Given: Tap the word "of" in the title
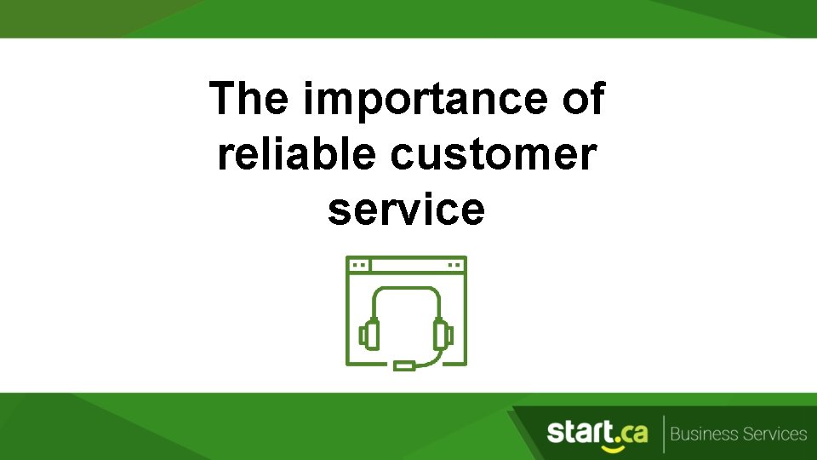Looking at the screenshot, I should pyautogui.click(x=583, y=99).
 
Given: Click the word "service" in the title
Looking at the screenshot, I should pyautogui.click(x=406, y=210).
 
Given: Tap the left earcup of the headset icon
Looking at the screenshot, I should pyautogui.click(x=369, y=333).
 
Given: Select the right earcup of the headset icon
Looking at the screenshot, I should pyautogui.click(x=442, y=333).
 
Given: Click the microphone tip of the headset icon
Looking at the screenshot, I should pyautogui.click(x=405, y=366).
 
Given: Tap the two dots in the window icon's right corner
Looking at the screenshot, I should pyautogui.click(x=454, y=265).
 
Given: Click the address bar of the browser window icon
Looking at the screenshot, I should pyautogui.click(x=407, y=265).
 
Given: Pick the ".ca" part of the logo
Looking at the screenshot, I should pyautogui.click(x=630, y=433).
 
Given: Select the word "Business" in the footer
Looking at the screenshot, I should pyautogui.click(x=703, y=434).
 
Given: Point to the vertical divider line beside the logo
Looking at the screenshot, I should pyautogui.click(x=662, y=434).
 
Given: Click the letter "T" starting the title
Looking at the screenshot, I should pyautogui.click(x=221, y=99).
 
